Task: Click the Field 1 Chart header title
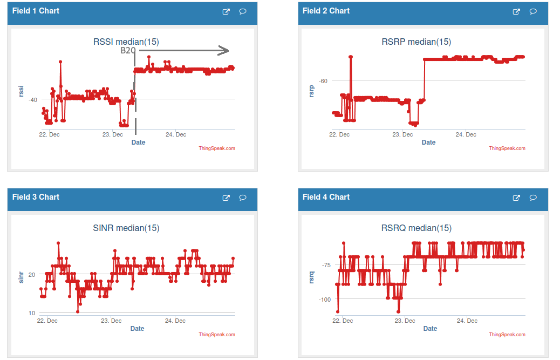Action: pyautogui.click(x=36, y=11)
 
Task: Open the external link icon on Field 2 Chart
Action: pyautogui.click(x=516, y=11)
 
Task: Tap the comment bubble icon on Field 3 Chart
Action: pyautogui.click(x=243, y=198)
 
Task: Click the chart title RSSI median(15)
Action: pyautogui.click(x=126, y=42)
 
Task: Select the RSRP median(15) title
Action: pyautogui.click(x=416, y=42)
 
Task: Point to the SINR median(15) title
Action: pyautogui.click(x=126, y=228)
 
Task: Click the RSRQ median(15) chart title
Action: pyautogui.click(x=416, y=228)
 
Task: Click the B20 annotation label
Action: pyautogui.click(x=128, y=51)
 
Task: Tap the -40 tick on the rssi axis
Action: pyautogui.click(x=33, y=99)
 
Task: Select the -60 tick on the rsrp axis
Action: pyautogui.click(x=323, y=80)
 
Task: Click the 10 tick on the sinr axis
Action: pyautogui.click(x=32, y=313)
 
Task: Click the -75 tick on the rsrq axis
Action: pyautogui.click(x=326, y=264)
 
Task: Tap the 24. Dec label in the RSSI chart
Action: pyautogui.click(x=176, y=134)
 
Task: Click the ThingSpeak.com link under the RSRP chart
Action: pyautogui.click(x=507, y=148)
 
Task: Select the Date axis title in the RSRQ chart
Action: pyautogui.click(x=430, y=328)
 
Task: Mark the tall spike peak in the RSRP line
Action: pyautogui.click(x=351, y=56)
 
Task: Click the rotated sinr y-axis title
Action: pyautogui.click(x=22, y=277)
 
